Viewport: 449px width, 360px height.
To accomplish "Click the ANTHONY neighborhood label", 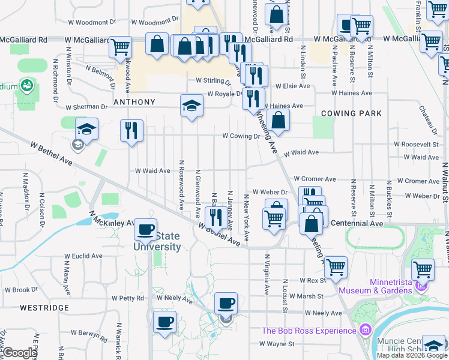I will point(134,102).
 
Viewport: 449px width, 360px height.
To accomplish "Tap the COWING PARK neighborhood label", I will point(351,113).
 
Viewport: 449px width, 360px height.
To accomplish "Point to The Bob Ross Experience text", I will point(309,331).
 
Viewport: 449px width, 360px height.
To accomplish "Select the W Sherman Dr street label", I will point(86,107).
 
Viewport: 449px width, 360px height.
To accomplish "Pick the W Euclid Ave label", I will point(84,256).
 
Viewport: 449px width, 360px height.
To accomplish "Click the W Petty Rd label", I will point(128,298).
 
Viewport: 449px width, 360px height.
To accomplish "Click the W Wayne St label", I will point(277,344).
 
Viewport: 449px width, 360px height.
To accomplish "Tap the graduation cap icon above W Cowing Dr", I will point(191,106).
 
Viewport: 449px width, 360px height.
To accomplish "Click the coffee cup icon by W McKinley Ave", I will point(145,229).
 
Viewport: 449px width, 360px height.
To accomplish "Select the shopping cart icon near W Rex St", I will point(335,266).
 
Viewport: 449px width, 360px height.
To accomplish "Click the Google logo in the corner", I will point(20,353).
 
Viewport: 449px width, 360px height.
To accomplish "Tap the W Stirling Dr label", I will point(213,80).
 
